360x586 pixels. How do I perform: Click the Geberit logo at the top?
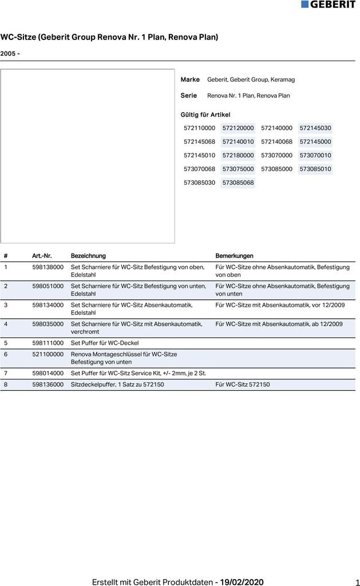click(x=328, y=5)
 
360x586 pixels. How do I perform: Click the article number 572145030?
click(x=315, y=128)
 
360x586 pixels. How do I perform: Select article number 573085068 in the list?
click(x=238, y=183)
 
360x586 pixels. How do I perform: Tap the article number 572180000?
click(x=238, y=156)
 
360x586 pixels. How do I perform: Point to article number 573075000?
click(x=238, y=169)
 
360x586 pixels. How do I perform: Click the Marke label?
click(x=190, y=80)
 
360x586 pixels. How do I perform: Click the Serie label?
click(x=189, y=96)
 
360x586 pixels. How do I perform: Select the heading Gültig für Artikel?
click(x=205, y=115)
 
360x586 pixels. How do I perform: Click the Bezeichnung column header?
click(x=88, y=256)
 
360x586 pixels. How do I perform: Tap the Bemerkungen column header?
click(x=234, y=256)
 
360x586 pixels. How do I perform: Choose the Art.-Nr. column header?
click(x=42, y=256)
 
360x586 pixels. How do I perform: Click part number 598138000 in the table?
click(x=48, y=267)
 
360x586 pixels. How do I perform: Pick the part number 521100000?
click(x=48, y=354)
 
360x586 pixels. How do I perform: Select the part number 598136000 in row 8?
click(x=48, y=385)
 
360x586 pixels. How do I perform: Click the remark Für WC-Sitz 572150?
click(x=242, y=385)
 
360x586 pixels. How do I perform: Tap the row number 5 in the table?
click(x=6, y=343)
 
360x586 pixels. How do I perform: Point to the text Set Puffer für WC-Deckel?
click(x=105, y=343)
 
